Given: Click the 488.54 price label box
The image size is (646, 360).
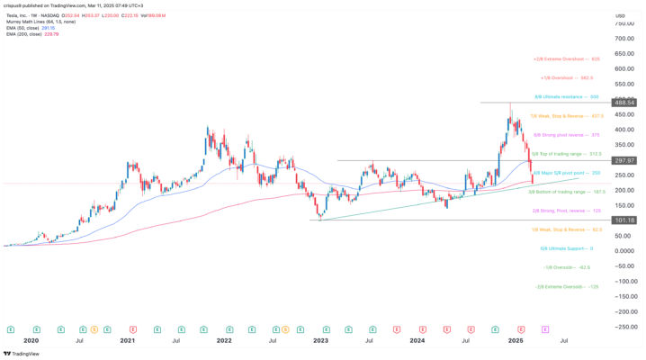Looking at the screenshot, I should [624, 103].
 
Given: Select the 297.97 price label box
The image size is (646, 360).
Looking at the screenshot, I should [624, 160].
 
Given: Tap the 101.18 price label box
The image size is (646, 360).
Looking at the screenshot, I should [624, 220].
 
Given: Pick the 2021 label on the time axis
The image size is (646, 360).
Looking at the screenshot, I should [127, 341].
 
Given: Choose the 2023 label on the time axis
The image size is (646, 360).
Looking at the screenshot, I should [320, 341].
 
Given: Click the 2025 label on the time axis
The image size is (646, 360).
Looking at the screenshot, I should [516, 341].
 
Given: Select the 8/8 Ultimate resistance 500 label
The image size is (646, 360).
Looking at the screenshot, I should [568, 97].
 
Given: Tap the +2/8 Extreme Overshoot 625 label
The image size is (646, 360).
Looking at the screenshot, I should [567, 58].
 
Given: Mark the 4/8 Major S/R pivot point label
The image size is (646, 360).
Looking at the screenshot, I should [567, 172].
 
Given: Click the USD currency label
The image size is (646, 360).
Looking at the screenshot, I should [620, 16].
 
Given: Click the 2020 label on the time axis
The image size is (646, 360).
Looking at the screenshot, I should [31, 341].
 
